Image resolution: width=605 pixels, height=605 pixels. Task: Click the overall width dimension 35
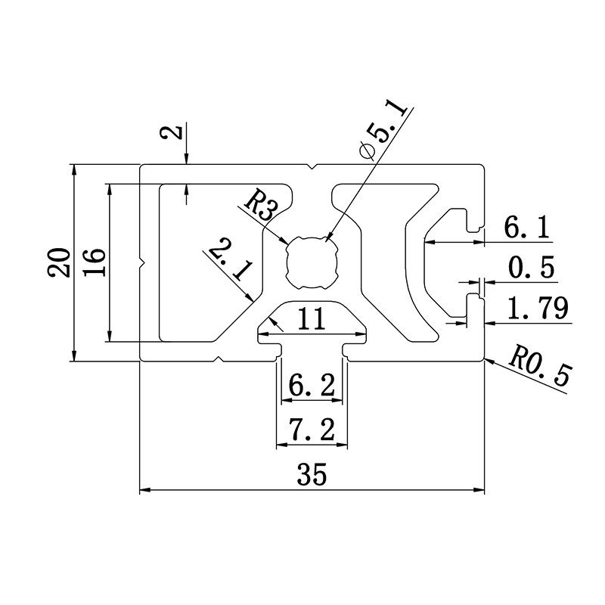coord(311,476)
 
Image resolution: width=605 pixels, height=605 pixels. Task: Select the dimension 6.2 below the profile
coord(311,386)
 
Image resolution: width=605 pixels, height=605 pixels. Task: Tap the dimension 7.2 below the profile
coord(312,431)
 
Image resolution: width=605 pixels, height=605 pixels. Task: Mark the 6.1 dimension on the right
coord(527,227)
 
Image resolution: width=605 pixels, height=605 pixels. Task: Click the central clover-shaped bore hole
coord(310,262)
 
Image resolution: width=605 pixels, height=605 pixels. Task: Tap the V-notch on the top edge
coord(312,166)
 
